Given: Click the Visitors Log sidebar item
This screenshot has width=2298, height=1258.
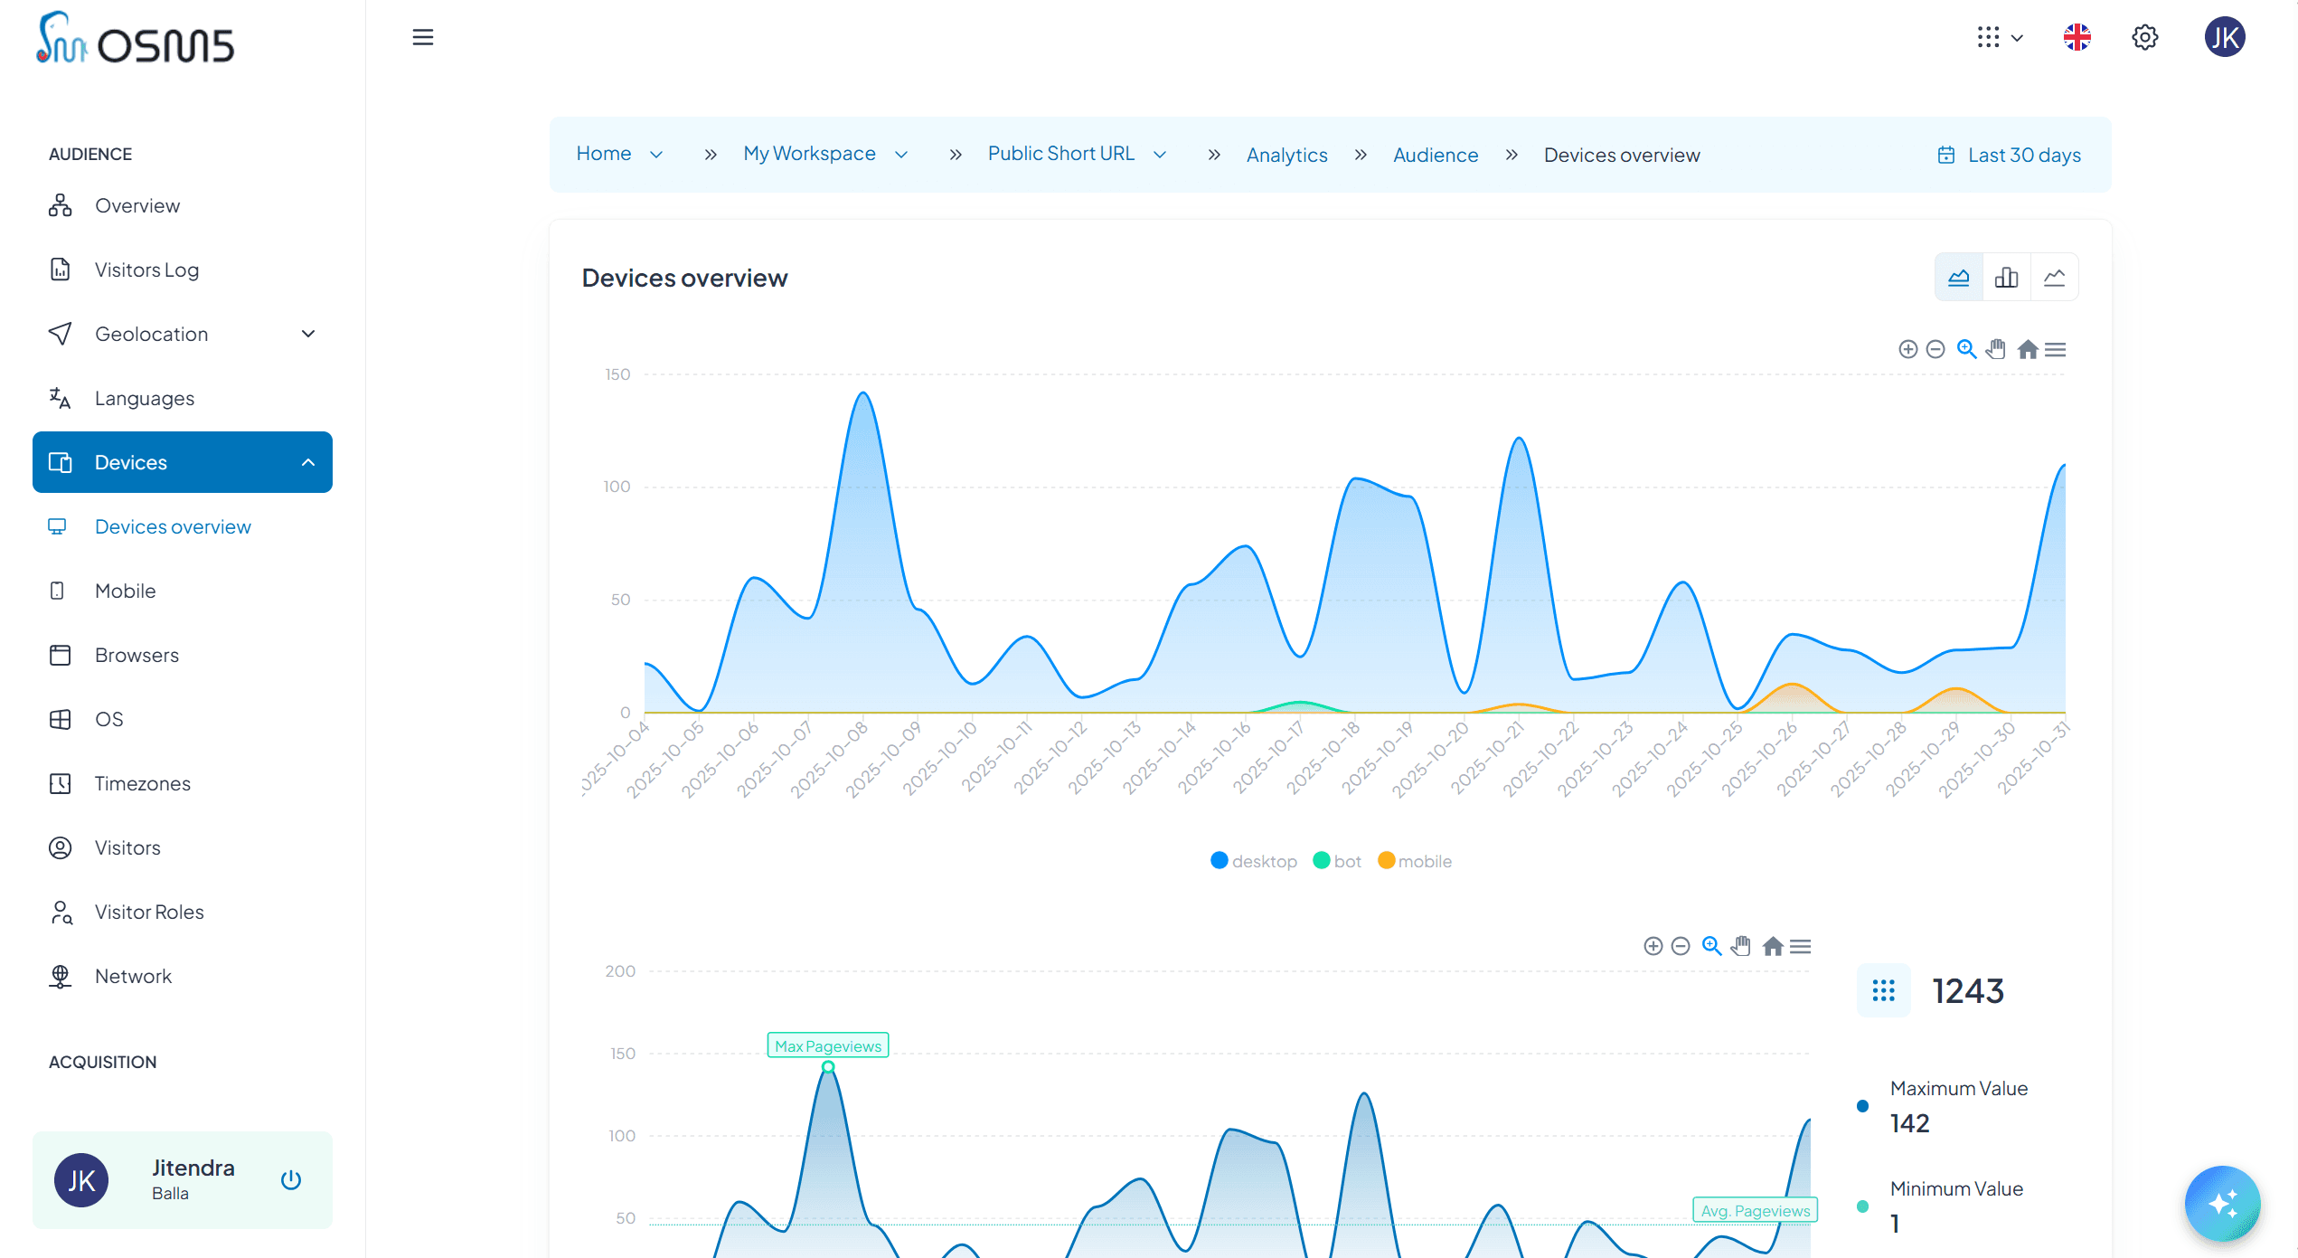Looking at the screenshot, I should click(x=146, y=270).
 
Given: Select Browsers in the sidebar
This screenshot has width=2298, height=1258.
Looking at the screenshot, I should click(x=137, y=655).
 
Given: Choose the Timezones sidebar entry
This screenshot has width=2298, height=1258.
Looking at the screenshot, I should click(x=142, y=783).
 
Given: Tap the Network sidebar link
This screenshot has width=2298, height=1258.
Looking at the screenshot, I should click(x=133, y=976).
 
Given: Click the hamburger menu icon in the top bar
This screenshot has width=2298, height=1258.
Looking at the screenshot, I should click(x=422, y=37).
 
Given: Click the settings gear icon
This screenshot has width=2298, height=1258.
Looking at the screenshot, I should click(x=2144, y=37).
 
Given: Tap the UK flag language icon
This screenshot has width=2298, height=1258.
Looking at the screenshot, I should click(x=2077, y=37).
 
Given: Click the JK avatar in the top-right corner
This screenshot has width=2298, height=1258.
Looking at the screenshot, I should click(x=2224, y=37).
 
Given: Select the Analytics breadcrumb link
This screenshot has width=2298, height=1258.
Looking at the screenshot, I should click(x=1286, y=155).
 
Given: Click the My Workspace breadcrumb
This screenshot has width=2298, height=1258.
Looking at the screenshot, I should click(x=809, y=154).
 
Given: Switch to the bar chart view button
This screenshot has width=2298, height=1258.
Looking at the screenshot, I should click(x=2006, y=277).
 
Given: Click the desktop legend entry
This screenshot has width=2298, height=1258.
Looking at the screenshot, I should click(x=1254, y=861).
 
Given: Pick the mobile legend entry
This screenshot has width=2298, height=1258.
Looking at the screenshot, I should click(x=1415, y=861).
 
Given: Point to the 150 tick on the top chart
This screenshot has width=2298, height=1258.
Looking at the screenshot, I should click(x=617, y=374).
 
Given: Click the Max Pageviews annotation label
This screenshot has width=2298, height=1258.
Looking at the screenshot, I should click(x=827, y=1045).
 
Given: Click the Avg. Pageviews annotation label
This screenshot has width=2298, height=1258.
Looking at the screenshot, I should click(x=1755, y=1210).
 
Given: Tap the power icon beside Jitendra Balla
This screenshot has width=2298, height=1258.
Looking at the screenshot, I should click(x=290, y=1179).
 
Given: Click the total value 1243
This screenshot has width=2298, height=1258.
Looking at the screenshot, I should click(x=1967, y=991).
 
